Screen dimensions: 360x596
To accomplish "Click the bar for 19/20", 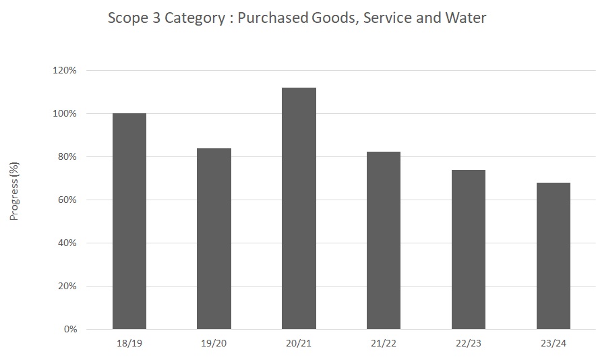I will coord(214,239).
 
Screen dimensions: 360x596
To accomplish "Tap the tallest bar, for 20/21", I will coord(299,208).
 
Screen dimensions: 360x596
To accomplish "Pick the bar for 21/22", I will coord(384,241).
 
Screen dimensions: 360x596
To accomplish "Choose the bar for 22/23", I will coord(469,249).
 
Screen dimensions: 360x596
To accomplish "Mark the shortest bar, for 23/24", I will coord(553,256).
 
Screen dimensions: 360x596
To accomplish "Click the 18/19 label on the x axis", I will coord(129,343).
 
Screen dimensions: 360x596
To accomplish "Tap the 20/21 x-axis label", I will coord(299,343).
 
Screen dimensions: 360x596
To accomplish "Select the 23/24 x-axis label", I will coord(553,343).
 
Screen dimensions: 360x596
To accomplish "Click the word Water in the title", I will coord(464,18).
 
